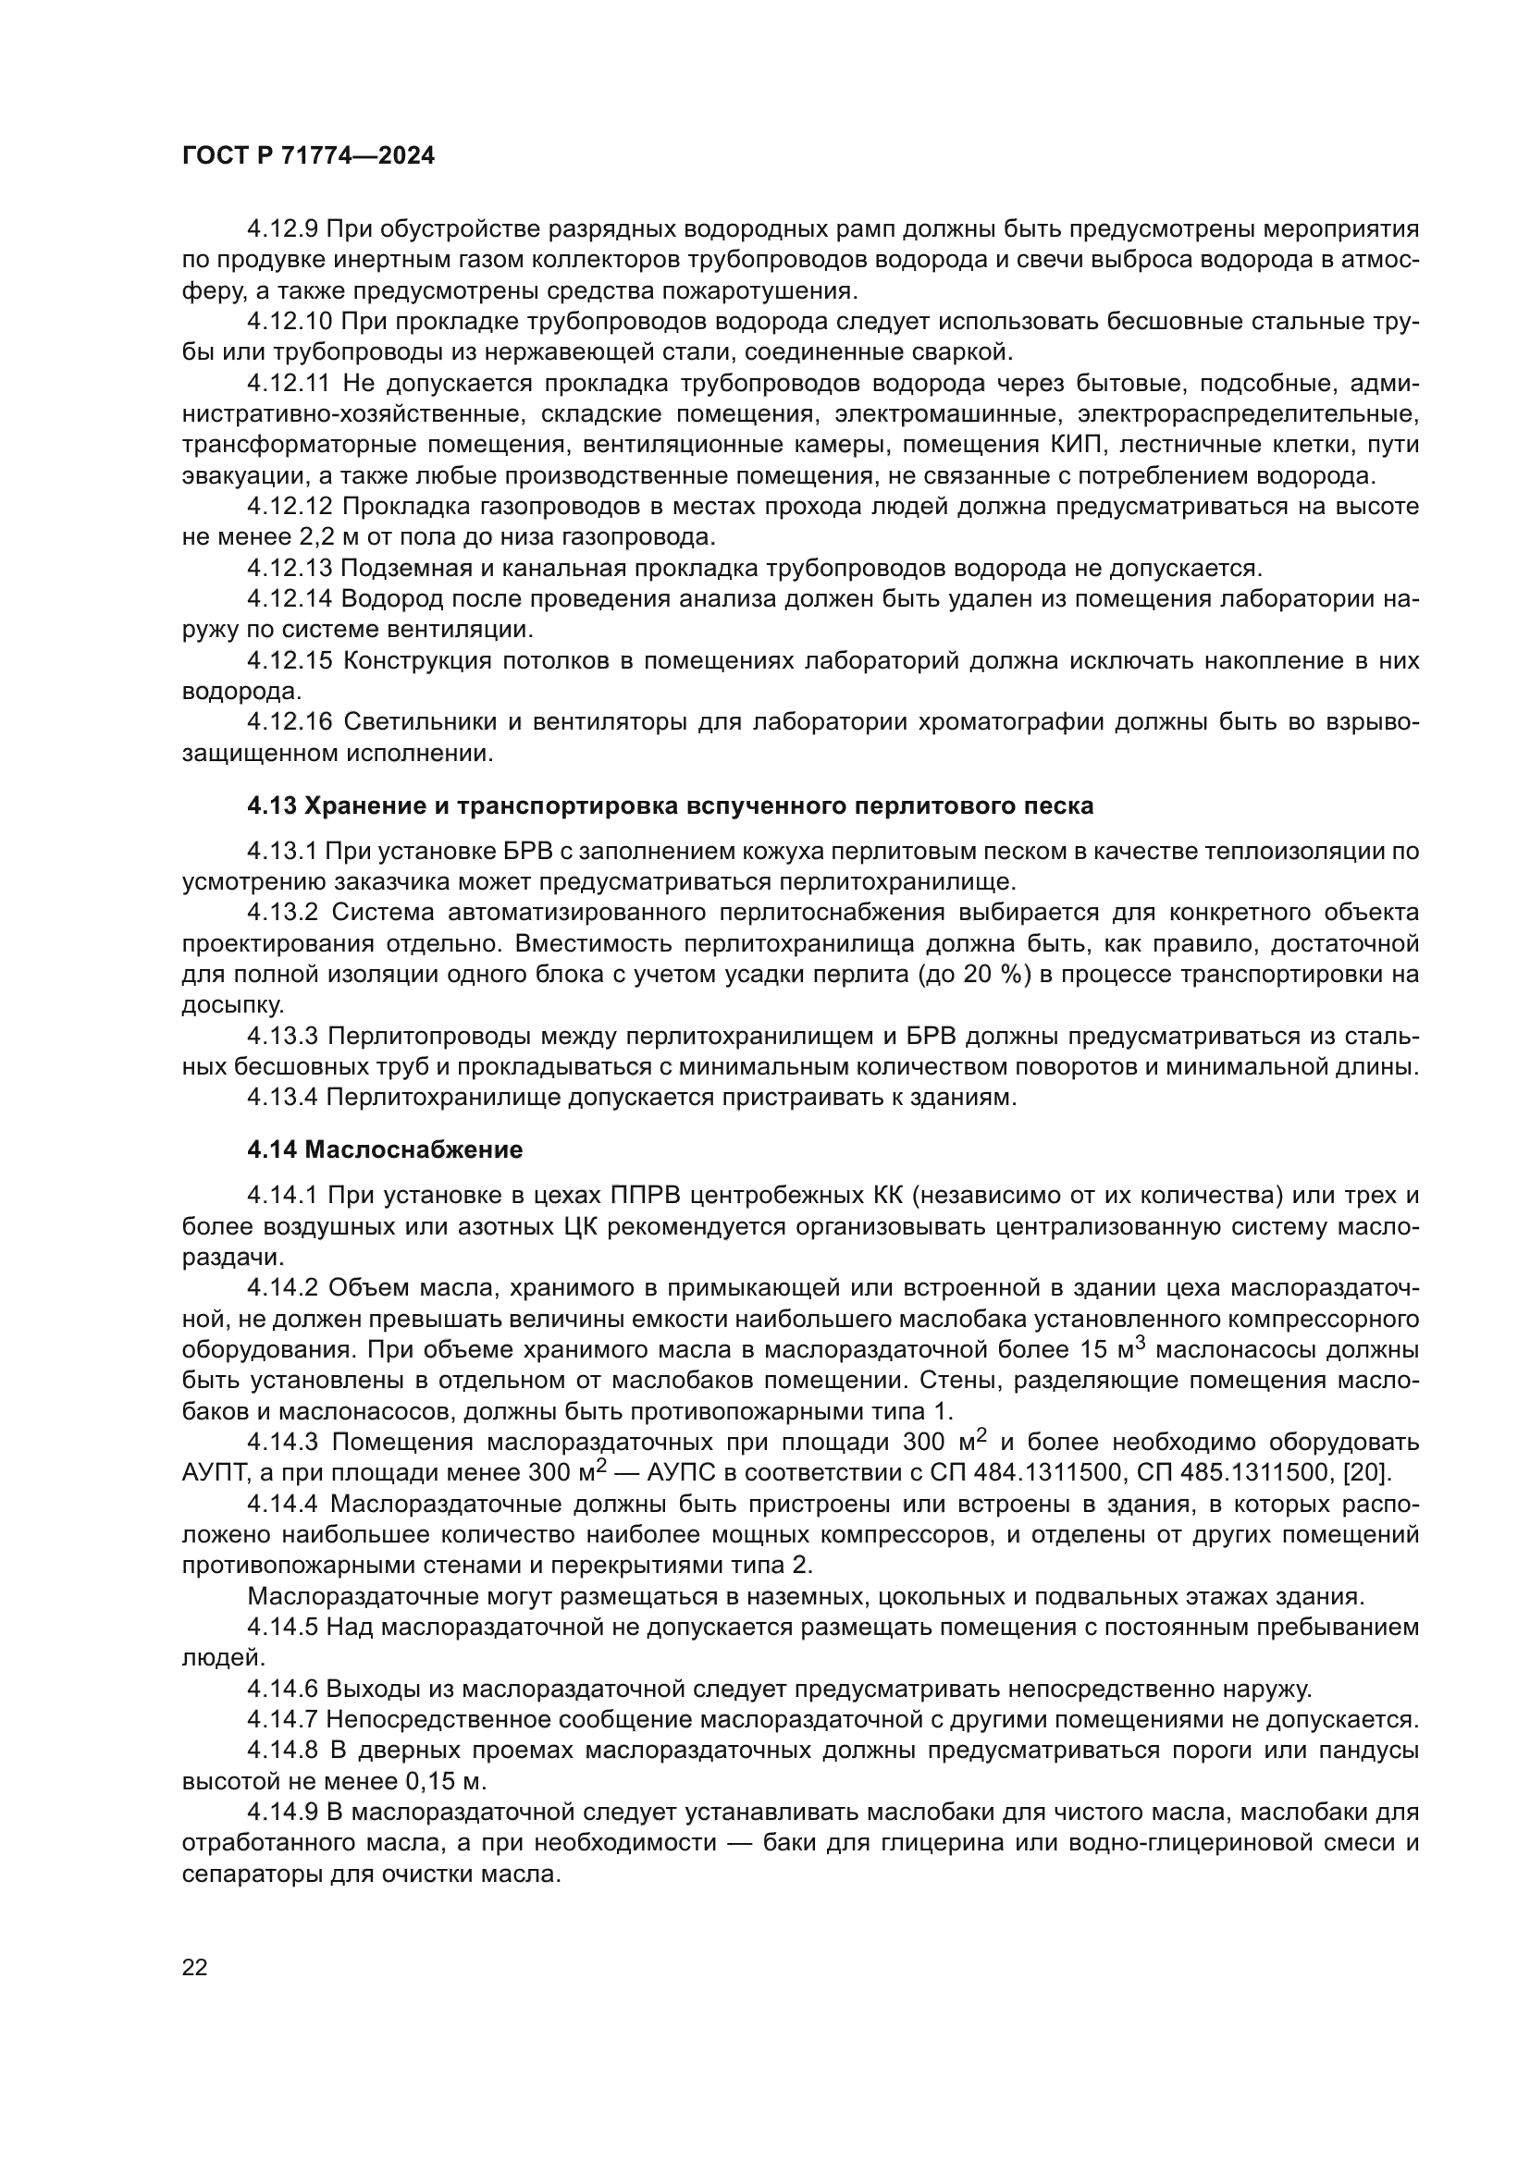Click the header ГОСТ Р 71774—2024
(308, 156)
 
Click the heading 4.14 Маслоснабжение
(386, 1150)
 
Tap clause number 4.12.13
(290, 569)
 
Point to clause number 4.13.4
(283, 1098)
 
